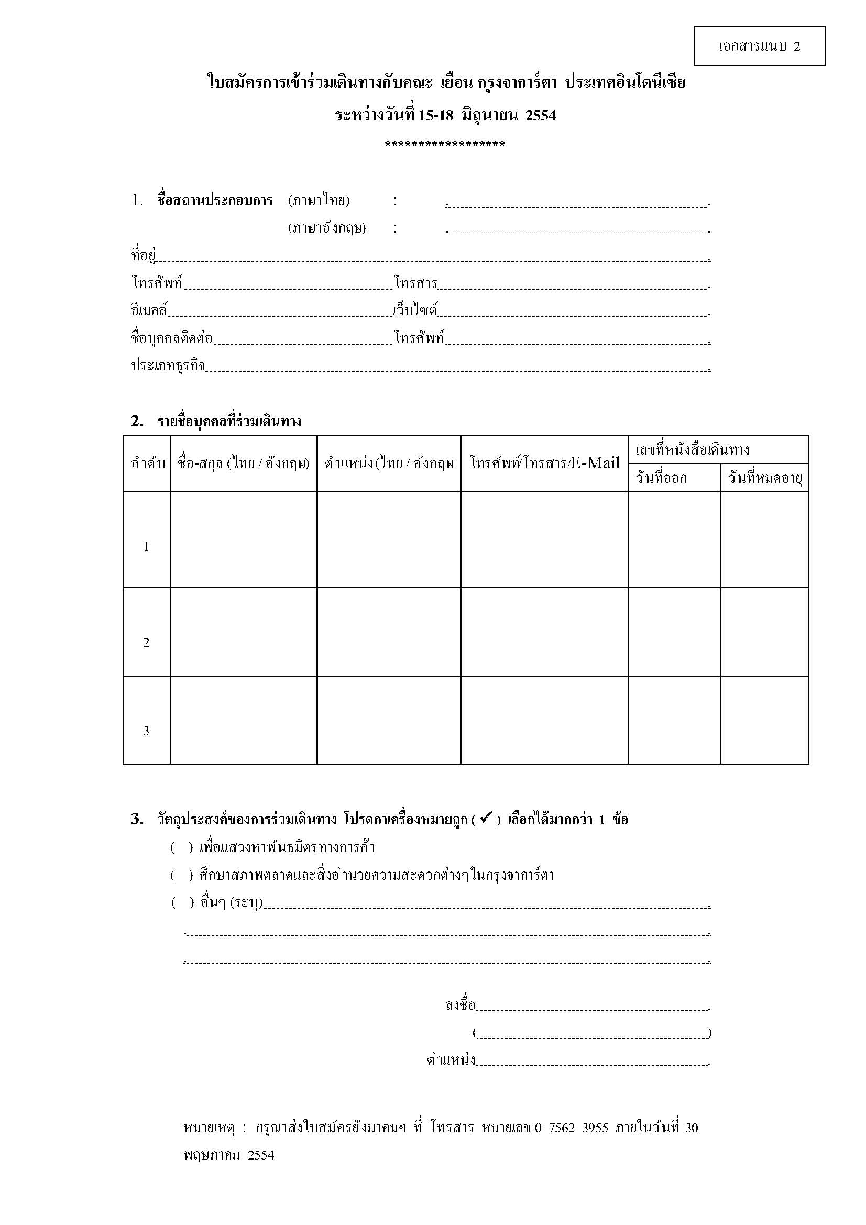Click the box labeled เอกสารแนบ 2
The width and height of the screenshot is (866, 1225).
tap(759, 46)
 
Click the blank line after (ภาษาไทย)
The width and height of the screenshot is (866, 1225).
tap(577, 203)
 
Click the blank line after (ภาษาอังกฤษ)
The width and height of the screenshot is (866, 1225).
tap(577, 230)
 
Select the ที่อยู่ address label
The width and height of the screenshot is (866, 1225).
tap(143, 255)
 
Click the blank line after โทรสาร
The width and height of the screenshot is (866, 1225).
tap(574, 285)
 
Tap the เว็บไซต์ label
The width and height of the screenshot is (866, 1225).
tap(414, 310)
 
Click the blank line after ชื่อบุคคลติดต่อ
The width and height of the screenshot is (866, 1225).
tap(302, 340)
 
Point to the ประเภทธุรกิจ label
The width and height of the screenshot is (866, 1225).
tap(168, 366)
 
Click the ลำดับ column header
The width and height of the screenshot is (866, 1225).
tap(147, 463)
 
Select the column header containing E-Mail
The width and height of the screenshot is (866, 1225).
tap(544, 463)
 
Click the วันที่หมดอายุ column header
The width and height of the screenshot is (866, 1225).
tap(764, 478)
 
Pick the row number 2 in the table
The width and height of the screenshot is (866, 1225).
tap(146, 643)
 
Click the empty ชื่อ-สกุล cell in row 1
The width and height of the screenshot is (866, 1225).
tap(243, 539)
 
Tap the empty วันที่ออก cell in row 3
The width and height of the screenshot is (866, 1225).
tap(674, 720)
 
